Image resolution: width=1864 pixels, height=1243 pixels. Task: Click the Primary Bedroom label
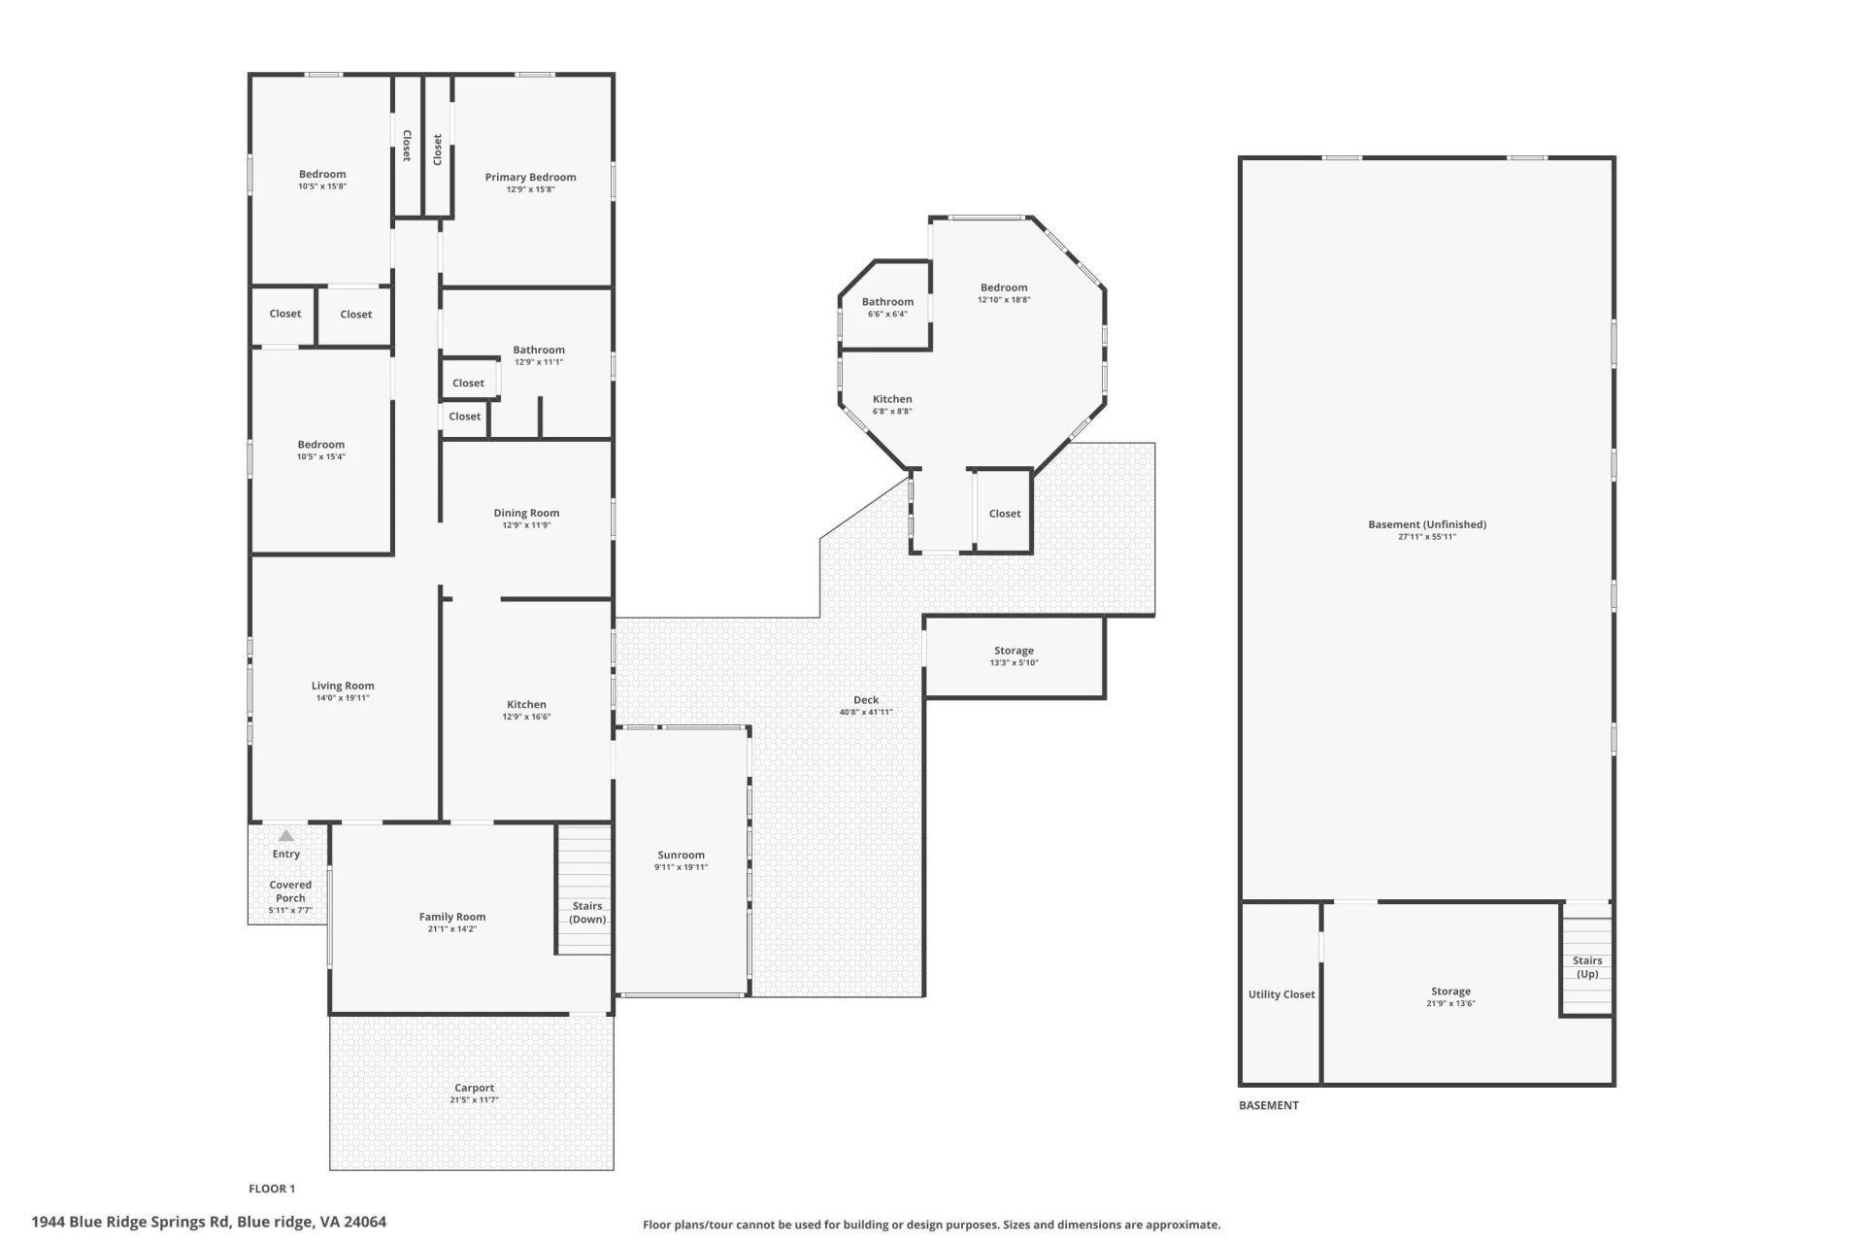pyautogui.click(x=530, y=177)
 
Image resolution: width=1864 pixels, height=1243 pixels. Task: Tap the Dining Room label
pyautogui.click(x=526, y=513)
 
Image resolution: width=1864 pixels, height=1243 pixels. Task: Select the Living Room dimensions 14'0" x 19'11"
pyautogui.click(x=343, y=698)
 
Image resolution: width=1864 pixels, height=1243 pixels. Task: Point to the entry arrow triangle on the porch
pyautogui.click(x=286, y=835)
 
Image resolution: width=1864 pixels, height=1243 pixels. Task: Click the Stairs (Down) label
pyautogui.click(x=587, y=913)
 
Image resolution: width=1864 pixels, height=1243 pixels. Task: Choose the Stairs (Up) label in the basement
pyautogui.click(x=1587, y=967)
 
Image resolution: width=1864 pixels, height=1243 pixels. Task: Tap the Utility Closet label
pyautogui.click(x=1281, y=994)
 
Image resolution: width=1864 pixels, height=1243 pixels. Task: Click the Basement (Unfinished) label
pyautogui.click(x=1427, y=524)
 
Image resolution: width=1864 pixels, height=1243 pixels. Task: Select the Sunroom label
pyautogui.click(x=681, y=856)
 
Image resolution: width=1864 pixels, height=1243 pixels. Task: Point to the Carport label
pyautogui.click(x=474, y=1088)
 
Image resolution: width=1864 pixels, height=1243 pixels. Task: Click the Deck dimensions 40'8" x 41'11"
pyautogui.click(x=866, y=713)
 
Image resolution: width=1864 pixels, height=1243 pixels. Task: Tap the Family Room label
pyautogui.click(x=452, y=917)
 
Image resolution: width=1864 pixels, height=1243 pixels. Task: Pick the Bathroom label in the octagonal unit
pyautogui.click(x=887, y=302)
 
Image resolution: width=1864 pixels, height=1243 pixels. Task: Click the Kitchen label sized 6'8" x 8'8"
pyautogui.click(x=892, y=399)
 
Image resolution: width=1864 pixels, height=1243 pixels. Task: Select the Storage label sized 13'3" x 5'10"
pyautogui.click(x=1014, y=651)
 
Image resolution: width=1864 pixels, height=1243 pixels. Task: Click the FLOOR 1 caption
pyautogui.click(x=272, y=1189)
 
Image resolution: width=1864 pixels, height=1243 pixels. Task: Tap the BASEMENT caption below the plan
pyautogui.click(x=1269, y=1105)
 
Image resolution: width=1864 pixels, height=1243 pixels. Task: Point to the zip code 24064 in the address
pyautogui.click(x=365, y=1222)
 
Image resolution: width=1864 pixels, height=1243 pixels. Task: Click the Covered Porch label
pyautogui.click(x=290, y=891)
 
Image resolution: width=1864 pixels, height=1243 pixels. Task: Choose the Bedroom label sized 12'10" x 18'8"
pyautogui.click(x=1004, y=287)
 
